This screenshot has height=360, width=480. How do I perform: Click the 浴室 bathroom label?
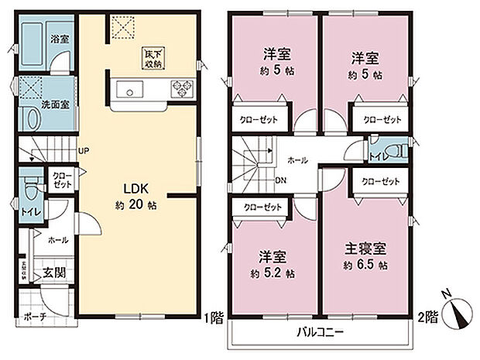coord(59,37)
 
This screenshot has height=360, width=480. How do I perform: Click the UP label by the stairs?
coord(82,151)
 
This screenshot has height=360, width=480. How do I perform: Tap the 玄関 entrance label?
coord(53,272)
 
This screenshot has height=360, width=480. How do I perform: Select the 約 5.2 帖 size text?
coord(270,274)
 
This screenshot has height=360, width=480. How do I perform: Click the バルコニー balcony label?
coord(321,334)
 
